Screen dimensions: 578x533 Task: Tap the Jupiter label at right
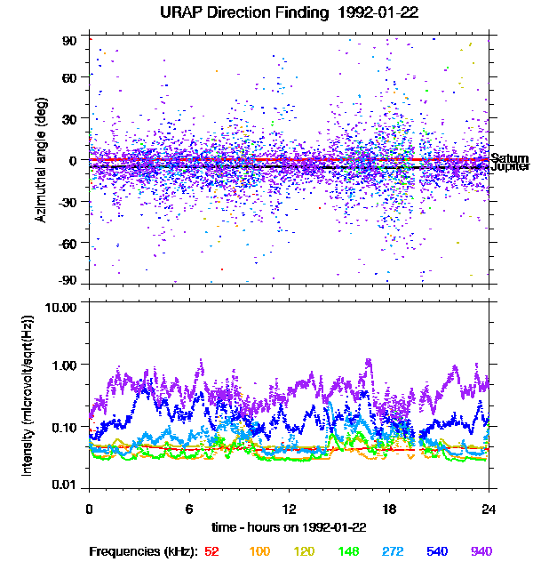tap(510, 166)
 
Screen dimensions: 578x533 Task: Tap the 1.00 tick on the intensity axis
tap(66, 365)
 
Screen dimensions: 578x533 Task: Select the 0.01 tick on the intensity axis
tap(66, 485)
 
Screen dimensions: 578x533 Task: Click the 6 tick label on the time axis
tap(189, 509)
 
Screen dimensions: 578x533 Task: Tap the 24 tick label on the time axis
tap(489, 509)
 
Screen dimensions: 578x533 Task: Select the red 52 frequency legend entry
tap(211, 551)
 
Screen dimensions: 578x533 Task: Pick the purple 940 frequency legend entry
tap(481, 551)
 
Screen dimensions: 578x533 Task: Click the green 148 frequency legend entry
tap(349, 551)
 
